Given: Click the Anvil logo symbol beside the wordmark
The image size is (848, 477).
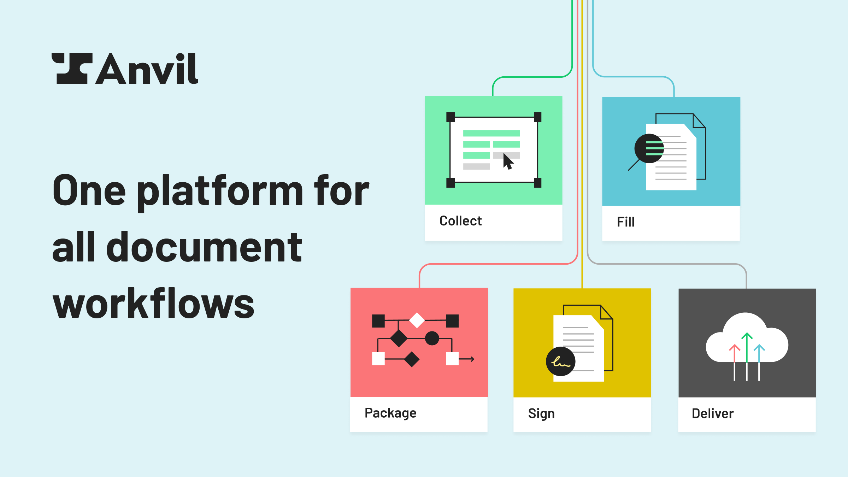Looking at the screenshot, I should pyautogui.click(x=72, y=69).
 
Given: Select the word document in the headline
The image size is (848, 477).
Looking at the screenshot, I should pyautogui.click(x=204, y=247).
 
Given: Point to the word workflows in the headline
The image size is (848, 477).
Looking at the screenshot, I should pyautogui.click(x=153, y=303).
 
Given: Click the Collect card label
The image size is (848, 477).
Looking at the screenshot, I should pyautogui.click(x=460, y=221).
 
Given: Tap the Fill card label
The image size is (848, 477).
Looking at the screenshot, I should pyautogui.click(x=625, y=222).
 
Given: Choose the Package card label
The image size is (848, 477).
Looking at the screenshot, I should pyautogui.click(x=390, y=413).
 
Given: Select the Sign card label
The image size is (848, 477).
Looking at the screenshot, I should pyautogui.click(x=541, y=414).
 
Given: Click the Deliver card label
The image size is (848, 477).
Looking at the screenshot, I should pyautogui.click(x=713, y=414).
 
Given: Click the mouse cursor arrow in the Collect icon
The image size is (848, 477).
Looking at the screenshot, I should pyautogui.click(x=508, y=161).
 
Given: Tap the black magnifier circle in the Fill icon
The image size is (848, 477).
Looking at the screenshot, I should pyautogui.click(x=649, y=148).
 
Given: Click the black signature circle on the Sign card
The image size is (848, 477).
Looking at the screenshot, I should pyautogui.click(x=560, y=361).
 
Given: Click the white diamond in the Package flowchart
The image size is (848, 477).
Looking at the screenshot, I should pyautogui.click(x=417, y=320).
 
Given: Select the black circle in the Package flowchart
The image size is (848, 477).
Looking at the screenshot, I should pyautogui.click(x=432, y=338).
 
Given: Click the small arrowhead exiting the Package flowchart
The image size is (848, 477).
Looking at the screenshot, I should pyautogui.click(x=472, y=359).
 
